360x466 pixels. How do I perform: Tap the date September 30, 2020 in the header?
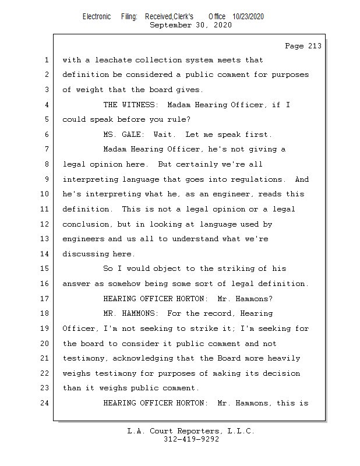[x=190, y=25]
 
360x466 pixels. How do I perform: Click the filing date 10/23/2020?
[x=248, y=16]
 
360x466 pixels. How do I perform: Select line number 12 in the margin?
[x=45, y=224]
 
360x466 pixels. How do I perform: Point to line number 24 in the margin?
[x=45, y=403]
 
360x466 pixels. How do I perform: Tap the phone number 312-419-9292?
[x=191, y=439]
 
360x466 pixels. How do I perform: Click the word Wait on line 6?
[x=165, y=135]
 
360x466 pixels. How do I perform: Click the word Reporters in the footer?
[x=196, y=431]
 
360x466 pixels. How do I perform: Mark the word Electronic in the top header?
[x=97, y=16]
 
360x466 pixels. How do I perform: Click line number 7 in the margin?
[x=45, y=149]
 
